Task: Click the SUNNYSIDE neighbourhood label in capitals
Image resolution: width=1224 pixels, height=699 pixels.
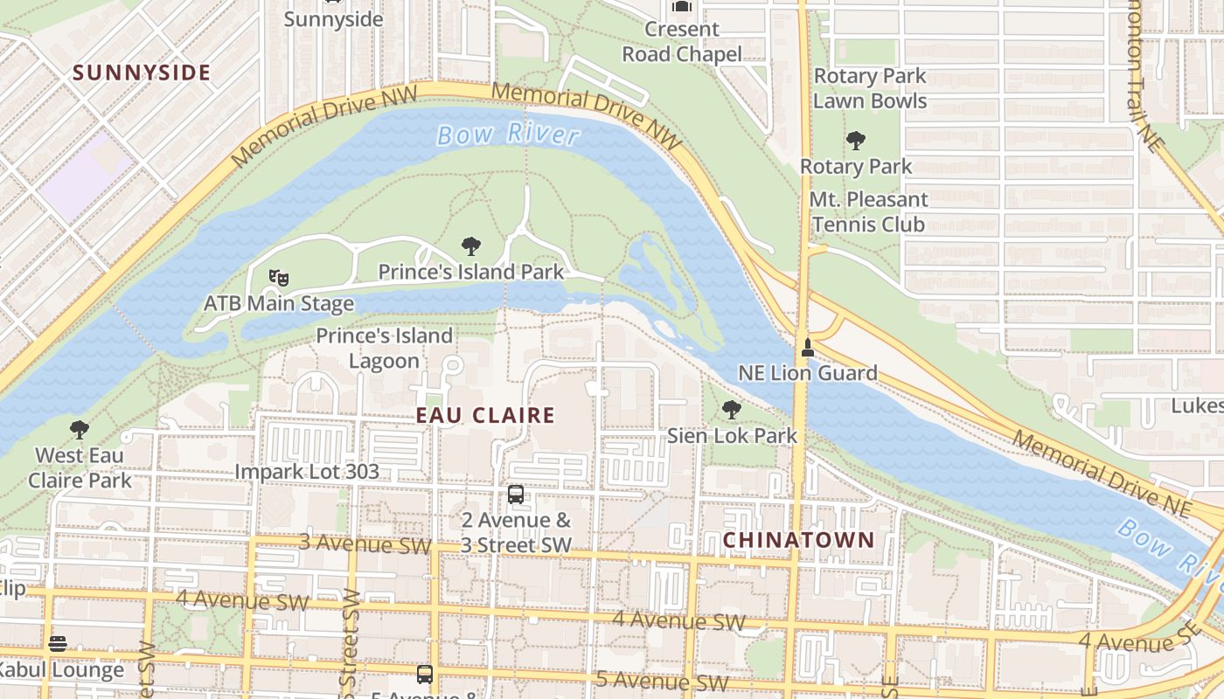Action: tap(142, 73)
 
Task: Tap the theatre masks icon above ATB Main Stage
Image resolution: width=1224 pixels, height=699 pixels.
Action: tap(279, 278)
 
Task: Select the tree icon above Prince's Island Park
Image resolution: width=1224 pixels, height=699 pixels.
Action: tap(471, 246)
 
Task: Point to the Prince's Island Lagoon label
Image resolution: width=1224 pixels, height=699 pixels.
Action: tap(385, 348)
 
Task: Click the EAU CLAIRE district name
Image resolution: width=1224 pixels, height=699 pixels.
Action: tap(485, 416)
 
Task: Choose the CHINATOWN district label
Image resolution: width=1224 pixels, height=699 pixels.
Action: tap(798, 540)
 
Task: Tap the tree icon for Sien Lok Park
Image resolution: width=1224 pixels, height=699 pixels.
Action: tap(732, 409)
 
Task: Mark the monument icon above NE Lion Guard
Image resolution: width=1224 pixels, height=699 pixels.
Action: tap(807, 347)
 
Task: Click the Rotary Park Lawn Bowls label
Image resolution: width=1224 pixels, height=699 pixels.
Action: tap(869, 88)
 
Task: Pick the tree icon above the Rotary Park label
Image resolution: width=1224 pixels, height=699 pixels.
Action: tap(856, 140)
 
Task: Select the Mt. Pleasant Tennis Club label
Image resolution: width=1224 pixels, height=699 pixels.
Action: tap(867, 211)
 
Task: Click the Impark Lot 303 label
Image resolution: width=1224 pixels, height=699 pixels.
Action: tap(307, 472)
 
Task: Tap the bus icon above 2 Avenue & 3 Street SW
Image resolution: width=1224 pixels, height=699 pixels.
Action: tap(516, 495)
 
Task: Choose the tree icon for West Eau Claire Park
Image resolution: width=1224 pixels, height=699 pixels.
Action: tap(80, 429)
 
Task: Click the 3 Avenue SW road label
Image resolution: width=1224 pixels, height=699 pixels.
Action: tap(365, 543)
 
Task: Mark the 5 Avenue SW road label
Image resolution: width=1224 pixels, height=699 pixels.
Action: tap(662, 681)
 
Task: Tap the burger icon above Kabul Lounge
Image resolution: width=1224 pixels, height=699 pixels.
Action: tap(58, 645)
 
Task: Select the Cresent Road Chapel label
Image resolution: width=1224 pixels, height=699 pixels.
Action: tap(682, 41)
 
